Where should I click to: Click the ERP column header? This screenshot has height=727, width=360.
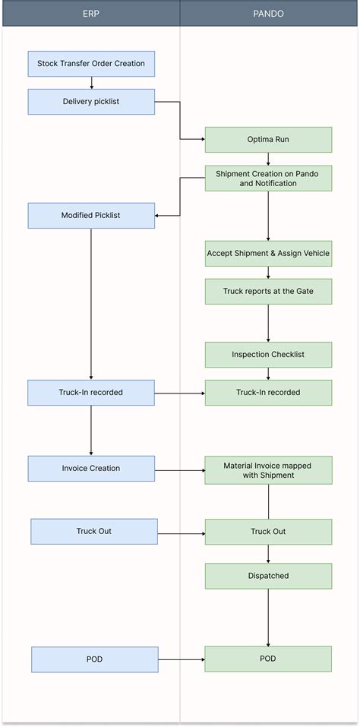tap(90, 14)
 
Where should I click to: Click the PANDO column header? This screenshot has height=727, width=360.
tap(268, 14)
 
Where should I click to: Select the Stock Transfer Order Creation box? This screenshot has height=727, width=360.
tap(91, 64)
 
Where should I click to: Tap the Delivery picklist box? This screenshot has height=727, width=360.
tap(91, 102)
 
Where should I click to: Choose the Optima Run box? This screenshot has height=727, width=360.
tap(268, 140)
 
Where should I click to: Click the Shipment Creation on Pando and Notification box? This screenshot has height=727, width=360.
tap(268, 179)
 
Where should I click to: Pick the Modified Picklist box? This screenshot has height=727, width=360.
tap(91, 216)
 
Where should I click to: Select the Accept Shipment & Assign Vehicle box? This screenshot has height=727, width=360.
tap(268, 253)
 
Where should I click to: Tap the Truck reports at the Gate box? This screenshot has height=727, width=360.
tap(268, 292)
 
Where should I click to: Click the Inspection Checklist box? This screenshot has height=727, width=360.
tap(268, 355)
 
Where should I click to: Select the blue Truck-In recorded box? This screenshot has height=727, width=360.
tap(91, 393)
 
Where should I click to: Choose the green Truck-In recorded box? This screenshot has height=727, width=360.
tap(268, 393)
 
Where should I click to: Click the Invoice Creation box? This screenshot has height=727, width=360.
tap(91, 469)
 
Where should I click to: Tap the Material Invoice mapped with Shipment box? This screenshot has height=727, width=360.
tap(268, 470)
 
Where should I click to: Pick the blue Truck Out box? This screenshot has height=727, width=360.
tap(94, 532)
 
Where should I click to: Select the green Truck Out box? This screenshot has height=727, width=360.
tap(268, 532)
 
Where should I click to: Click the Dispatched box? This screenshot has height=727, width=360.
tap(268, 576)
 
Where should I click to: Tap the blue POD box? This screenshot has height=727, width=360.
tap(95, 659)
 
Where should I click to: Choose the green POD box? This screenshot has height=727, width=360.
tap(268, 659)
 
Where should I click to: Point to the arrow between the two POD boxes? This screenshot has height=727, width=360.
tap(182, 659)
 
